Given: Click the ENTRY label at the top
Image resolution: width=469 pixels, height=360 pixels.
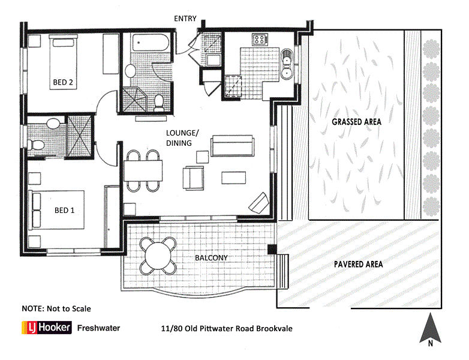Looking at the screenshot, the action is coord(185,18).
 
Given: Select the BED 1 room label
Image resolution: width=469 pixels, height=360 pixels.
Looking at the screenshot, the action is coord(64,210).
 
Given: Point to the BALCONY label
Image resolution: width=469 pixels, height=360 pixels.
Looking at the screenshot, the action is coord(210,258).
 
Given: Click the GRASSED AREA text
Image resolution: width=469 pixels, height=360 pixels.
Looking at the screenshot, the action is coord(356,121).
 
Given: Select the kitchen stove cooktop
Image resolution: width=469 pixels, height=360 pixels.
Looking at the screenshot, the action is coord(260,40).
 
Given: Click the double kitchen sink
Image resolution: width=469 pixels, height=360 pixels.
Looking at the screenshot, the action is coord(288,65).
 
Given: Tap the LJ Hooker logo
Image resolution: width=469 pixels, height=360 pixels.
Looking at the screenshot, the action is coord(47,328).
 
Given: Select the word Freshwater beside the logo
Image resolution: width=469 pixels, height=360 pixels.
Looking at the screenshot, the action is coord(99,328).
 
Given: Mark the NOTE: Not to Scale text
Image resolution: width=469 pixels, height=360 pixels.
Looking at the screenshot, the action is coord(56,308).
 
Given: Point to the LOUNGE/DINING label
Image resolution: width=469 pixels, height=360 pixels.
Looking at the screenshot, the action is coord(178,139).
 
